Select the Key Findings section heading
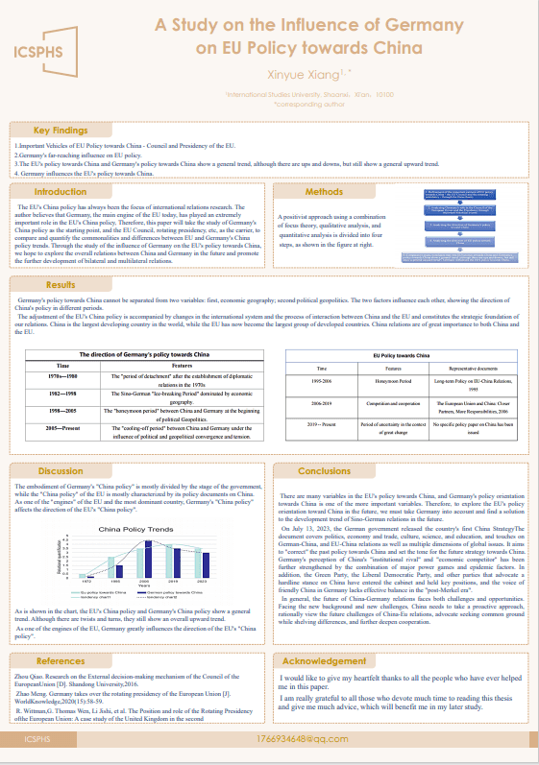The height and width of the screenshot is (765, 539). (61, 131)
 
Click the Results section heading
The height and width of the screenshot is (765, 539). (61, 285)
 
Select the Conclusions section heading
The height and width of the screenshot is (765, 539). (324, 471)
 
